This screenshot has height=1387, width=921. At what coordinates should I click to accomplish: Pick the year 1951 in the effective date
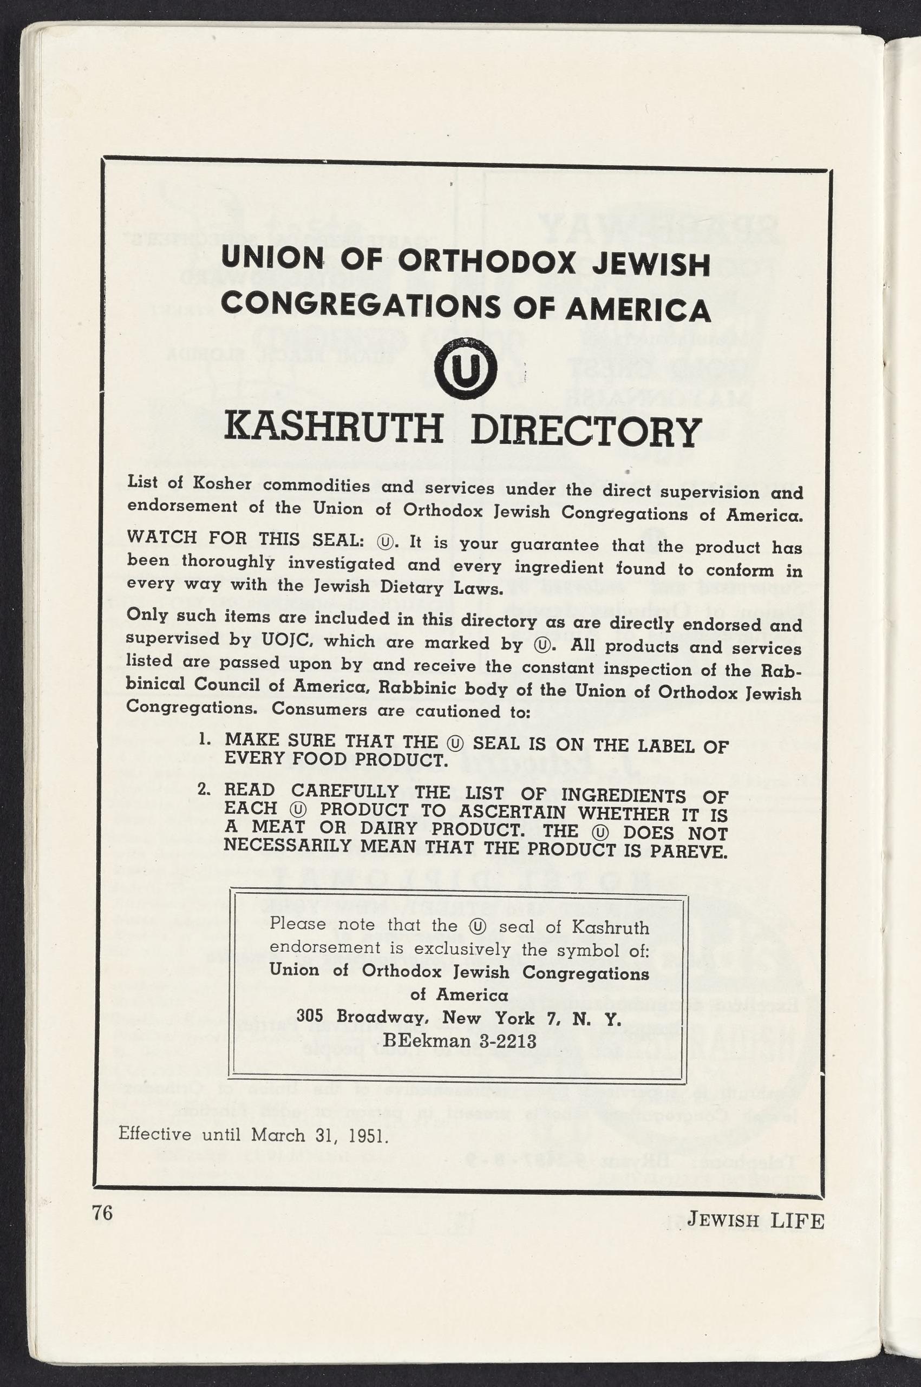pos(368,1135)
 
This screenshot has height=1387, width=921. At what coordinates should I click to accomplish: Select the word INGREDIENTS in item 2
pos(624,795)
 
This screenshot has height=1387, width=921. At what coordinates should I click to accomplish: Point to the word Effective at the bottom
pos(154,1133)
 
